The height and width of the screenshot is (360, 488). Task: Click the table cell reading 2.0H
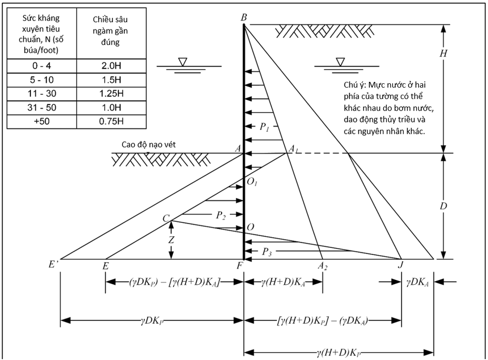111,66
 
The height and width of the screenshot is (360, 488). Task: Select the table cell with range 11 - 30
42,94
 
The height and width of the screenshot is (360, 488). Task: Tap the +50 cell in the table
42,121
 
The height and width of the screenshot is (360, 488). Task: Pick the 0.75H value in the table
111,121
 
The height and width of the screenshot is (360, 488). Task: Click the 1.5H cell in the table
111,80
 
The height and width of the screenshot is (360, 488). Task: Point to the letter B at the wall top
244,18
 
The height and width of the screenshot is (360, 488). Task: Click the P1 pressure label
264,127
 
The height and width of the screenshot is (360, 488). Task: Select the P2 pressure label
221,215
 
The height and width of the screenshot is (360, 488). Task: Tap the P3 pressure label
267,251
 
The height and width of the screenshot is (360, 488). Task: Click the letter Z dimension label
171,240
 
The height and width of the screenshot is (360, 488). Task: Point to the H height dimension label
443,53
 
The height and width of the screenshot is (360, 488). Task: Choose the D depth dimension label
444,206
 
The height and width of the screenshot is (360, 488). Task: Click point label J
400,265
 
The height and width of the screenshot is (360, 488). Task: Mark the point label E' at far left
53,264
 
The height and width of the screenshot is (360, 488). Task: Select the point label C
166,218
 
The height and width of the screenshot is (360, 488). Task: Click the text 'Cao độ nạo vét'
149,145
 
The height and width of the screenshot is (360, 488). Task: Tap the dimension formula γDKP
152,320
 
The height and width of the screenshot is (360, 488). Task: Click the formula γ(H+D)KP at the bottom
339,352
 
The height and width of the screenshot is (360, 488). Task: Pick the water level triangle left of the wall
183,62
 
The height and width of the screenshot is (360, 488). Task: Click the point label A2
323,266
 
